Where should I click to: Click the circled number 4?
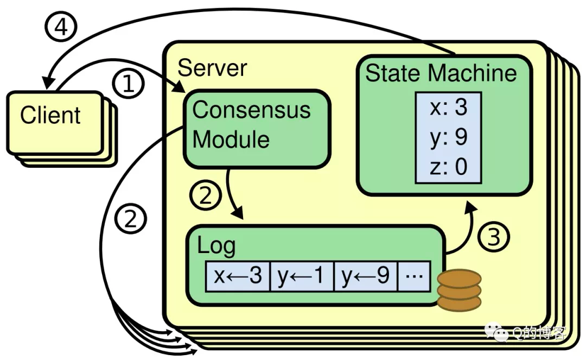[x=61, y=27]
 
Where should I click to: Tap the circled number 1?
[x=128, y=83]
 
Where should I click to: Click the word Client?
[x=50, y=115]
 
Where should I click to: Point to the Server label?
[x=212, y=68]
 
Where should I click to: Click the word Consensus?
[x=251, y=110]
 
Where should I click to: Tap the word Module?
[x=231, y=140]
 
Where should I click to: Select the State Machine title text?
[x=441, y=73]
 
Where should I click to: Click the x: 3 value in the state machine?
[x=449, y=107]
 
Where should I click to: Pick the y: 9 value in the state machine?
[x=449, y=137]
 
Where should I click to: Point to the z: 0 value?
[x=449, y=166]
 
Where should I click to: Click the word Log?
[x=216, y=246]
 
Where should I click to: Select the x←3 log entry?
[x=238, y=276]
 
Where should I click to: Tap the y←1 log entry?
[x=301, y=276]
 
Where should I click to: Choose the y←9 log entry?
[x=365, y=276]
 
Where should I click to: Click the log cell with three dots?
[x=414, y=276]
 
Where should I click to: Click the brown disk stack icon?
[x=459, y=290]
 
